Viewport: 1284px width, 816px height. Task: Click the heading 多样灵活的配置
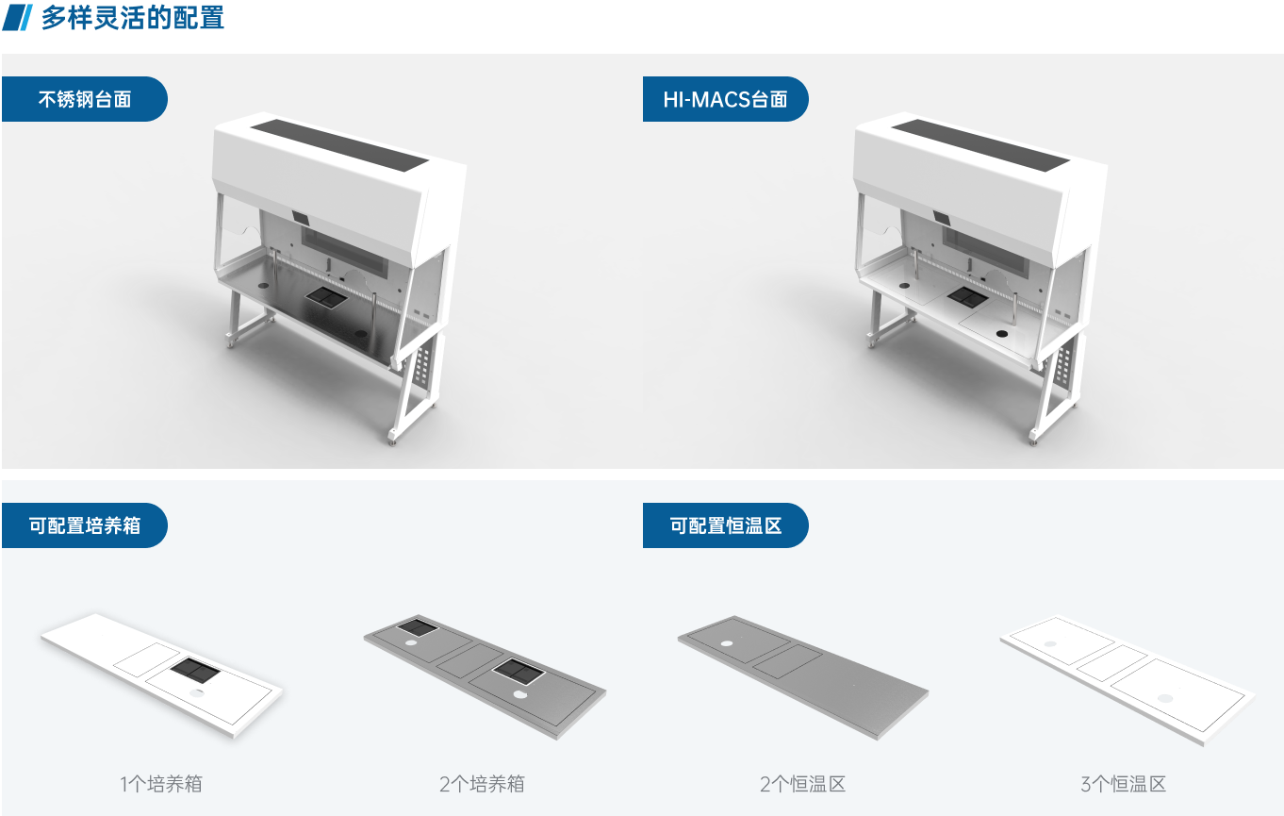132,17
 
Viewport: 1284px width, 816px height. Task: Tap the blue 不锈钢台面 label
84,99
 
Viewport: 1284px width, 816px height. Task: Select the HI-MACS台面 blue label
725,99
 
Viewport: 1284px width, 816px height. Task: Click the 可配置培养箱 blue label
84,525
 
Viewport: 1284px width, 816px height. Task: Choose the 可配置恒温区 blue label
725,525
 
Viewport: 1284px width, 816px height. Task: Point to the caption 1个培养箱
161,784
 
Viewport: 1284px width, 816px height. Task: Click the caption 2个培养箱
482,784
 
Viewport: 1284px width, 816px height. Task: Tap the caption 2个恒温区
802,784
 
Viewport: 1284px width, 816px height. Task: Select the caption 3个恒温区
1124,784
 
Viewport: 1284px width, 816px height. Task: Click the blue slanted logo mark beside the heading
17,17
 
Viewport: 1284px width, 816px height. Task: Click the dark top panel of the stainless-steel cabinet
339,144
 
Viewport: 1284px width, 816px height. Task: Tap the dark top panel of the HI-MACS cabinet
980,144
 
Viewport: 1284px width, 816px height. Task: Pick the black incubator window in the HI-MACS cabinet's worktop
966,297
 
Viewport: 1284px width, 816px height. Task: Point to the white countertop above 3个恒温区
1128,680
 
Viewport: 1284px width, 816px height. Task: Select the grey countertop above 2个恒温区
803,678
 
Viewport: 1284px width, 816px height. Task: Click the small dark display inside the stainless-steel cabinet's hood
301,218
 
